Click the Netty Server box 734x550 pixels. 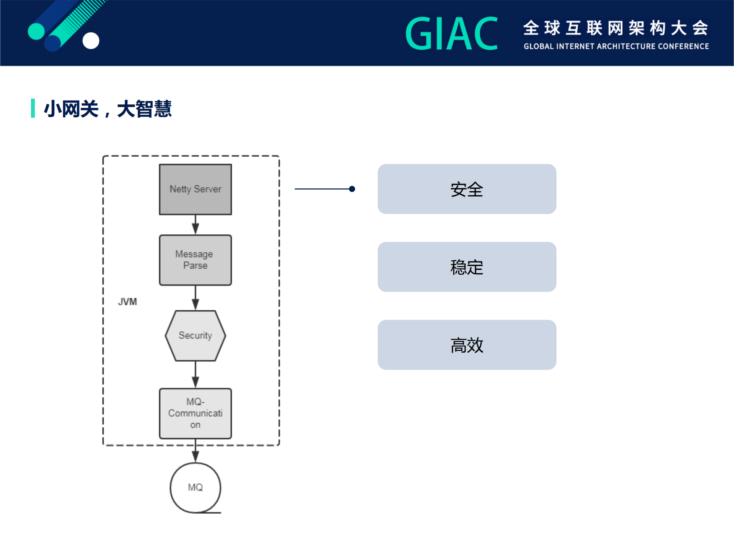(x=195, y=189)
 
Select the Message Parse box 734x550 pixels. (x=195, y=260)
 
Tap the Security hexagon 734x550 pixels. (x=195, y=336)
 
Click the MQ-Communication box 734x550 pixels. (x=195, y=413)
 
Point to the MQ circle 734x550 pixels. (x=195, y=487)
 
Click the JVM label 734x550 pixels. (x=127, y=302)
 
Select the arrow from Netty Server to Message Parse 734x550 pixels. (x=195, y=225)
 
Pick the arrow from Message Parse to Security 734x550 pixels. (x=195, y=298)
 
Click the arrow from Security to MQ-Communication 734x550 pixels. (x=195, y=375)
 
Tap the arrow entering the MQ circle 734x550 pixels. (x=195, y=451)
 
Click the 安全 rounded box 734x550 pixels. (x=467, y=189)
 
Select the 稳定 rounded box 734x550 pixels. (x=467, y=267)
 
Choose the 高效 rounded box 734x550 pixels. (x=467, y=345)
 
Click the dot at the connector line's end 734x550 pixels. (x=352, y=189)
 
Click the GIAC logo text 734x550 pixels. (x=451, y=34)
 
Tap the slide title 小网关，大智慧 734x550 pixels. (x=108, y=109)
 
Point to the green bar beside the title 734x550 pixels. (x=33, y=108)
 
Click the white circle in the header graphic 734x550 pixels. (x=91, y=41)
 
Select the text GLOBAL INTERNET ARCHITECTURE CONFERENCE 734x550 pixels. (x=616, y=46)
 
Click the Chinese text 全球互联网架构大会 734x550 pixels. (x=616, y=28)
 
